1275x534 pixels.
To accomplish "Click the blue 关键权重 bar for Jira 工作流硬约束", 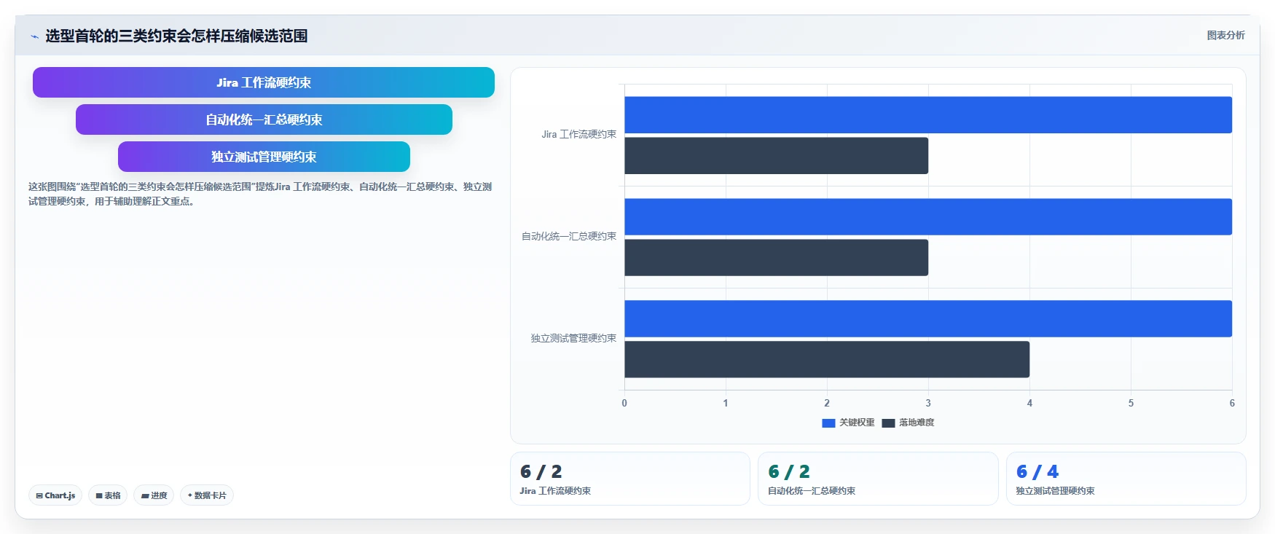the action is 928,115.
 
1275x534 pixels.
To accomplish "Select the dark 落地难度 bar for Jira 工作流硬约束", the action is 776,156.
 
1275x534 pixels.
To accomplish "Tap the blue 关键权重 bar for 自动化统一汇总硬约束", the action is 928,217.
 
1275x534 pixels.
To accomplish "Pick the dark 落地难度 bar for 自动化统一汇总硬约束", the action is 776,258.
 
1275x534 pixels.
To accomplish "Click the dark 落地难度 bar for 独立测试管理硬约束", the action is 827,359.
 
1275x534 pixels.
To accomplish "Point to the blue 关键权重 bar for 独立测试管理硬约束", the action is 928,318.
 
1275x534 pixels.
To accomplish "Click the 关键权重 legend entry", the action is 848,423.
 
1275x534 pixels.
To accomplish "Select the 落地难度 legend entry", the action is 908,423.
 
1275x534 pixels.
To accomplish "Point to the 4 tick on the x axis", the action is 1029,403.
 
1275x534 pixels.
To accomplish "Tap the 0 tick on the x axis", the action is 624,403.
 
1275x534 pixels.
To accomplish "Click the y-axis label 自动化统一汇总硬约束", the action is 569,236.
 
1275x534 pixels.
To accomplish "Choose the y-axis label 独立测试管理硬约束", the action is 573,338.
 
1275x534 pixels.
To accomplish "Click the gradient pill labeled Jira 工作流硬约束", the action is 264,82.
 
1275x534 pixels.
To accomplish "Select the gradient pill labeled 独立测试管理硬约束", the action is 264,157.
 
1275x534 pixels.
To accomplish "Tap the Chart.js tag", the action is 55,495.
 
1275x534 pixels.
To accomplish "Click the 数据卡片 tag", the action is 207,495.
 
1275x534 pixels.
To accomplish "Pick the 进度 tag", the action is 154,495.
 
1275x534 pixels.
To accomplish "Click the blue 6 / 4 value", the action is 1037,471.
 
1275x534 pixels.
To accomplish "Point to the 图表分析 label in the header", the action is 1226,35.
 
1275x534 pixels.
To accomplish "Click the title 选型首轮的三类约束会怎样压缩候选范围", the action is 176,36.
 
